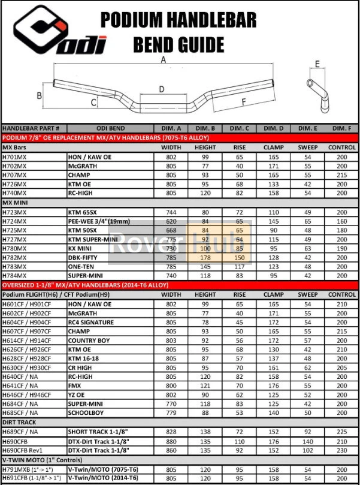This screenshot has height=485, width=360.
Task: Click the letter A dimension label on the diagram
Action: [162, 59]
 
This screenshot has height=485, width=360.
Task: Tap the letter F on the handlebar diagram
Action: [243, 102]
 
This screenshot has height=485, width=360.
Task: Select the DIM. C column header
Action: [240, 128]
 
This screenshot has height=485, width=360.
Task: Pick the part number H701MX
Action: [15, 156]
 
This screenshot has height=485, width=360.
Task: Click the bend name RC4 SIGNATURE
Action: [92, 322]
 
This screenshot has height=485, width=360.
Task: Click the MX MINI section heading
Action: [16, 203]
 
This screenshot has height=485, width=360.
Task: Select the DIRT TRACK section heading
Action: [19, 422]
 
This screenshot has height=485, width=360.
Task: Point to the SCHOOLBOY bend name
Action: [87, 413]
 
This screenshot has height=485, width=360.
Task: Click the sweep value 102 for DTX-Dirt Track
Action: [308, 450]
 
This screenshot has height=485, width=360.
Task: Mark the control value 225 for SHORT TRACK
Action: [341, 431]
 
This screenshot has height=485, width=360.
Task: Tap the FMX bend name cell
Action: [75, 385]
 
